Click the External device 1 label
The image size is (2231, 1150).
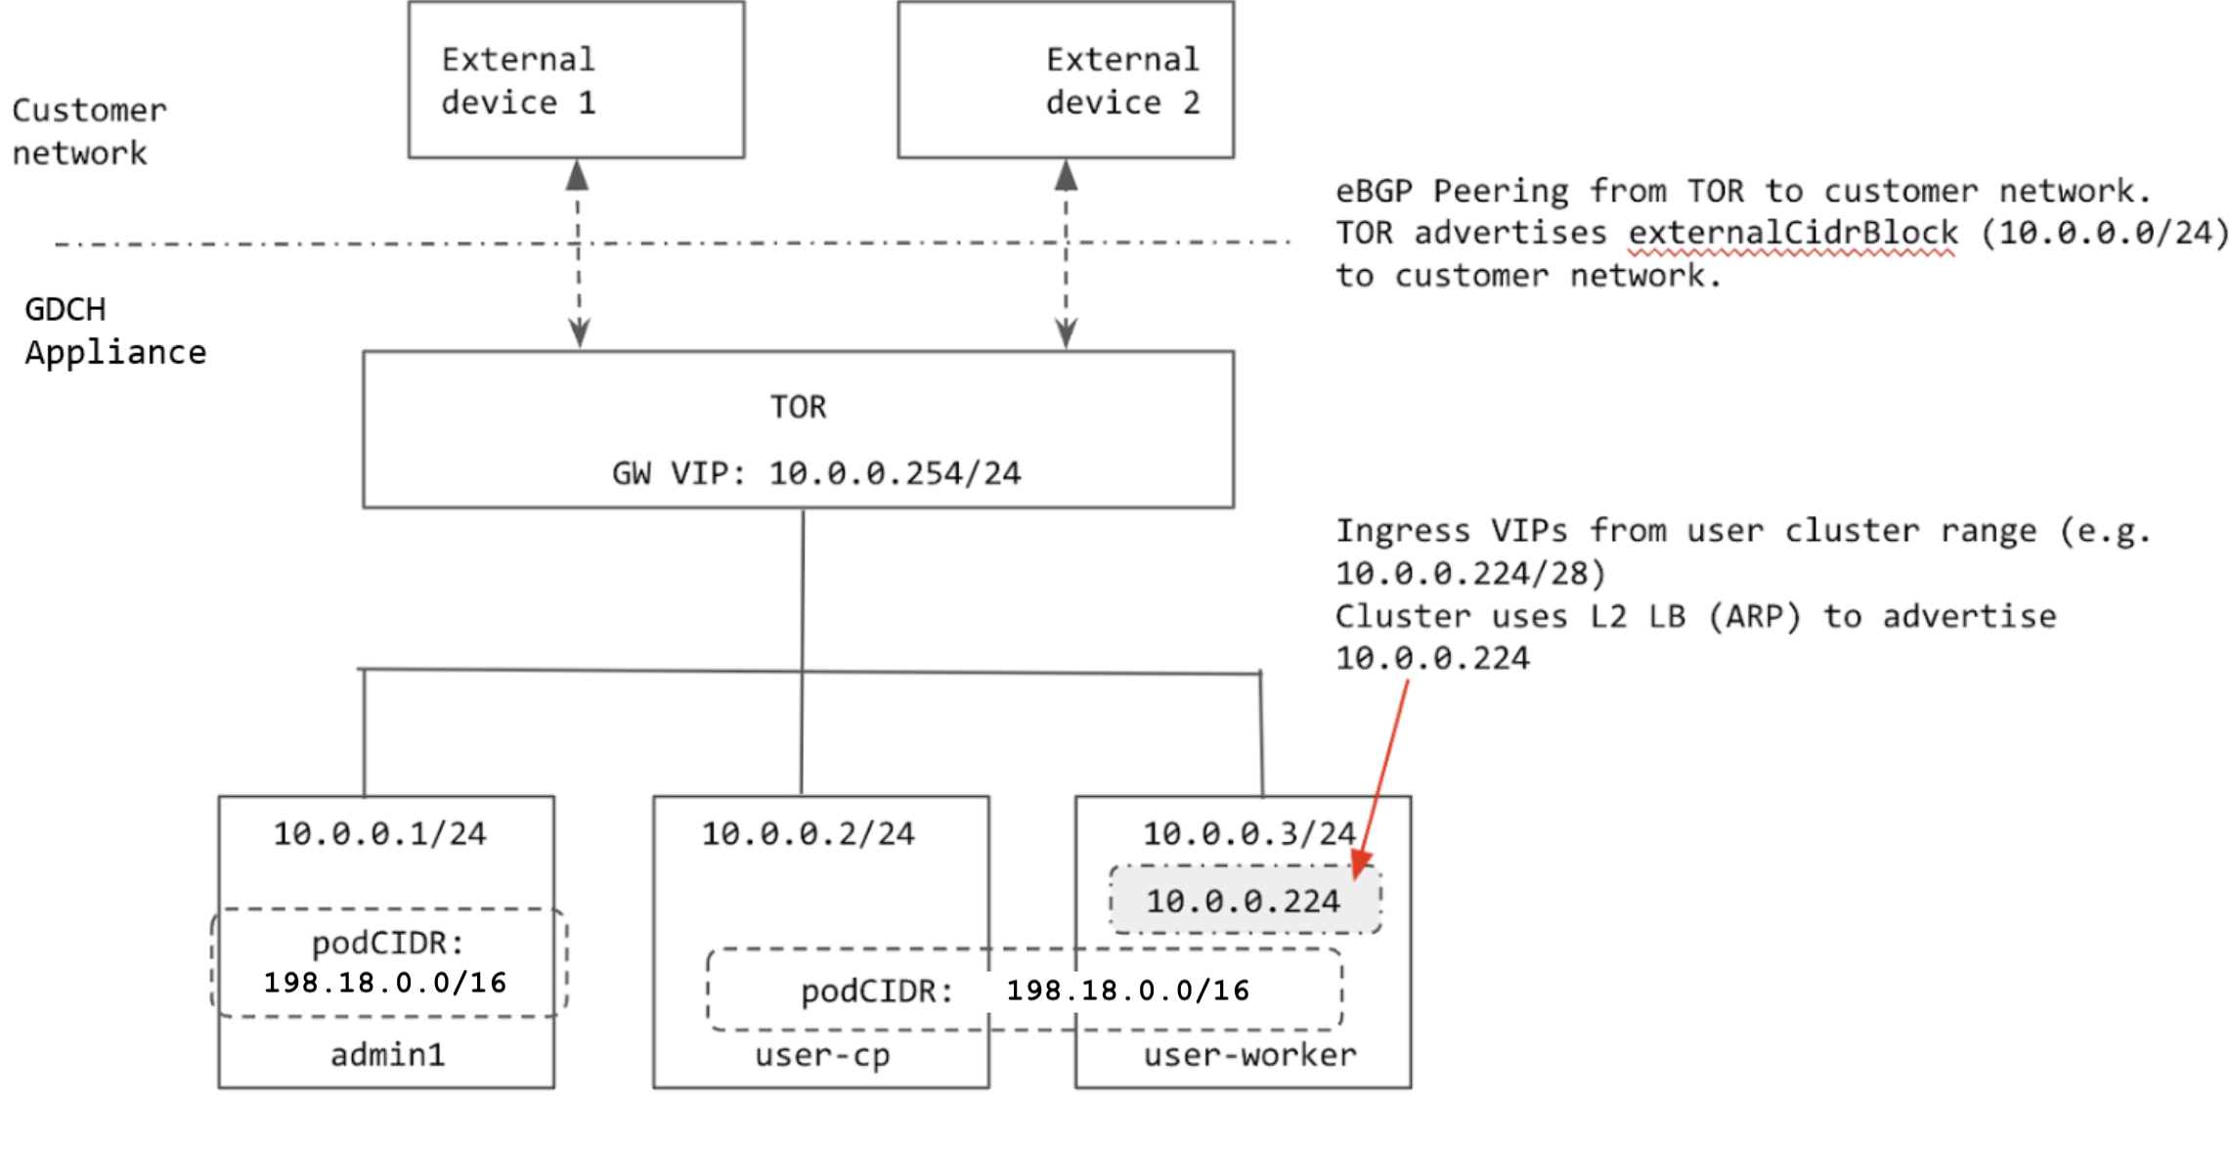point(518,81)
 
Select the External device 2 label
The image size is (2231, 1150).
point(1122,81)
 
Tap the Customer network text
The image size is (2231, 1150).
point(88,132)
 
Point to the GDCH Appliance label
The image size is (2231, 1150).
point(114,331)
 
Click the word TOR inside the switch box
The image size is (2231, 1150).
point(798,407)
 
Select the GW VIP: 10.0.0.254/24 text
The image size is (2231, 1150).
point(816,474)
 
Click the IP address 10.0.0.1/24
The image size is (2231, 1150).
point(379,834)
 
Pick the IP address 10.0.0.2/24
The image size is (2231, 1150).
point(808,834)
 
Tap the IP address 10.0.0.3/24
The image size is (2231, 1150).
point(1248,834)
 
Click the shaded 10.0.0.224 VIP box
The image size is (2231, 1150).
point(1244,901)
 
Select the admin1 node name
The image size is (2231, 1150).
point(387,1055)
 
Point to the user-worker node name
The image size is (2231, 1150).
point(1249,1055)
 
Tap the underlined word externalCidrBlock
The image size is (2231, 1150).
point(1792,234)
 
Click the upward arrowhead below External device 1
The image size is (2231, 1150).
point(578,176)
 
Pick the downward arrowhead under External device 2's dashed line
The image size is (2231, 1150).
point(1067,333)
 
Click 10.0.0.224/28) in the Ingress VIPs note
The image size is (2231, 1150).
point(1470,574)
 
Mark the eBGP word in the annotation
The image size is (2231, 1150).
point(1374,191)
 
